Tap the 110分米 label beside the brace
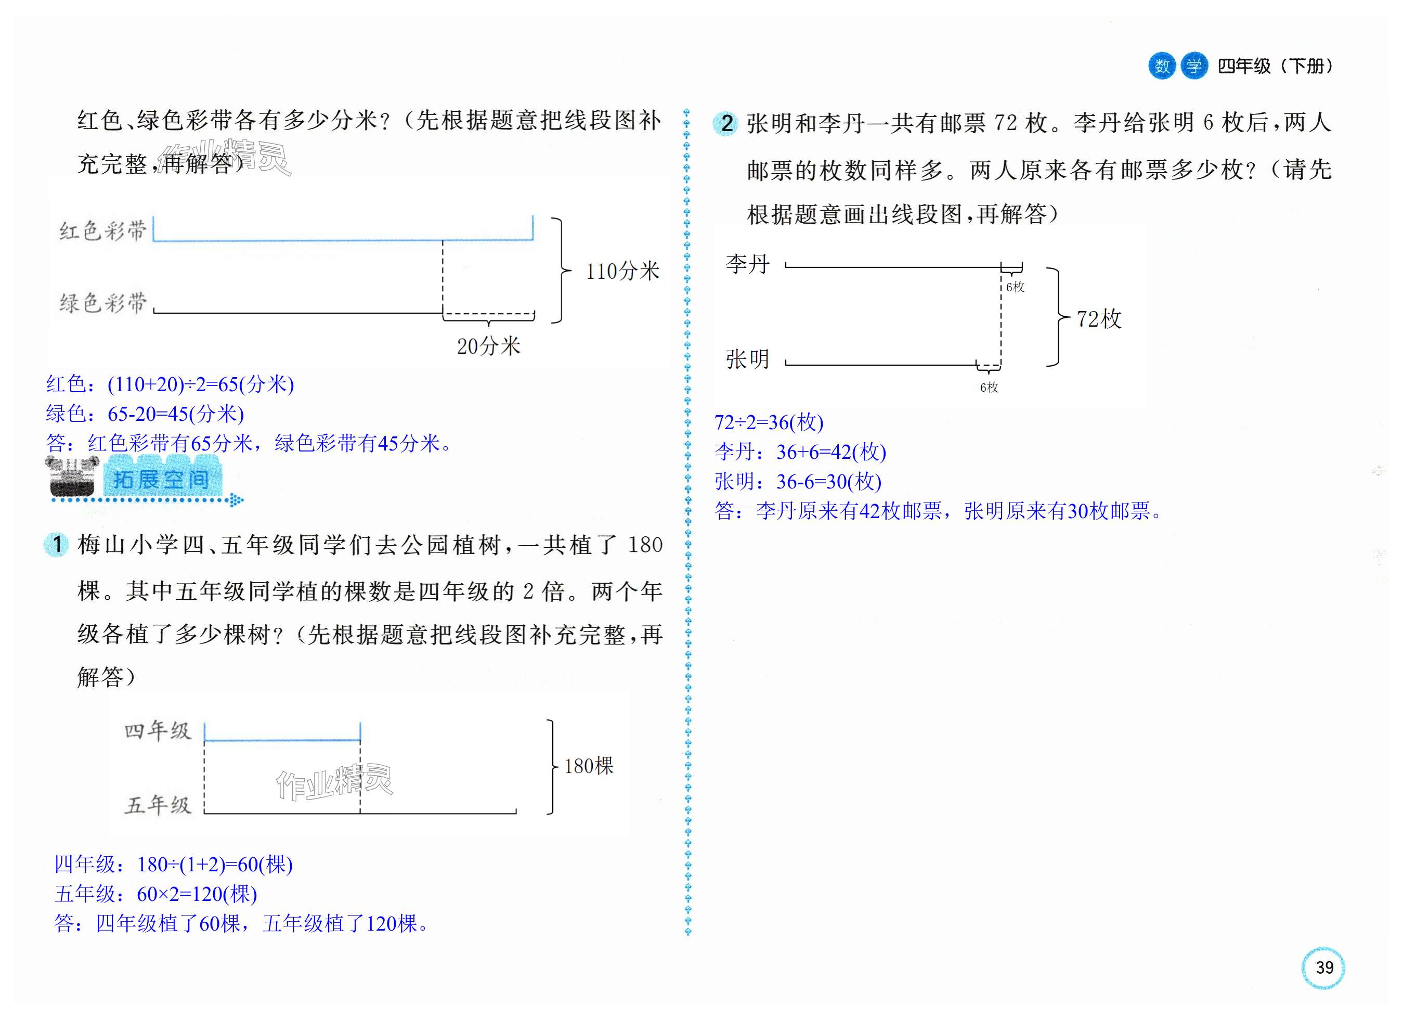click(x=622, y=271)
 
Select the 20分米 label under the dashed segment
click(x=488, y=346)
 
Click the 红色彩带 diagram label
click(x=102, y=231)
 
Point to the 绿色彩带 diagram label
click(x=102, y=303)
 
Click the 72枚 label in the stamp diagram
click(x=1099, y=319)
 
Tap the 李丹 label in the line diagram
click(x=747, y=264)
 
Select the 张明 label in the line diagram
click(x=747, y=359)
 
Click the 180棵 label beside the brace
click(x=588, y=766)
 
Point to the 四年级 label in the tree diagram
click(x=158, y=731)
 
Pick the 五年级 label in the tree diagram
click(x=158, y=805)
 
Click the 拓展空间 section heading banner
click(x=161, y=480)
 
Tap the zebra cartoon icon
click(x=72, y=476)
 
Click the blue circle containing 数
click(x=1162, y=66)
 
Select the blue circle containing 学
click(x=1194, y=66)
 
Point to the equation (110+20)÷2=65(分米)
click(x=200, y=384)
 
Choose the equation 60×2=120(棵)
click(x=197, y=894)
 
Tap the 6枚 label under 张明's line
click(x=989, y=388)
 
